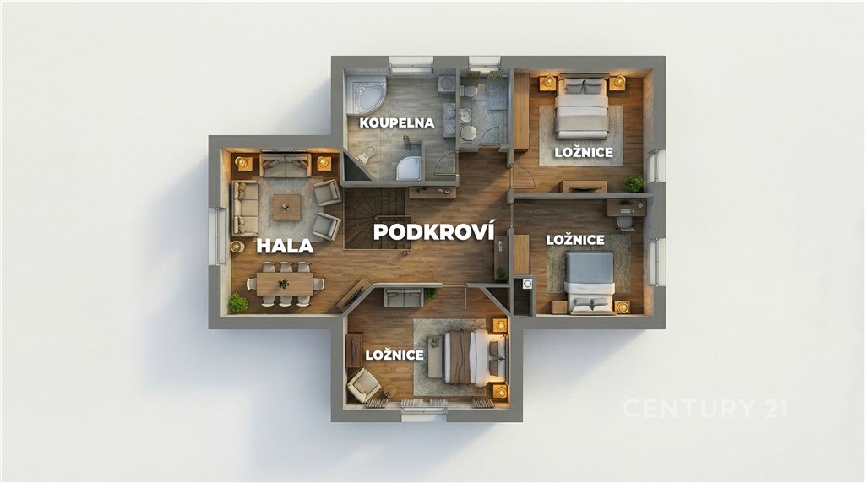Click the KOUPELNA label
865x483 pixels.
point(397,122)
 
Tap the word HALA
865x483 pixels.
point(285,246)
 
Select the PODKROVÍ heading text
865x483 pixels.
point(433,231)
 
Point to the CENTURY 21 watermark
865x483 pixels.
point(705,408)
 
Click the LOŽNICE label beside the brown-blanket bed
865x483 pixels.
point(394,355)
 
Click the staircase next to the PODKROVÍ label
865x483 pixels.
point(374,219)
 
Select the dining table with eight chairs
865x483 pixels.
point(285,284)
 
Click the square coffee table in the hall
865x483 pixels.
point(287,208)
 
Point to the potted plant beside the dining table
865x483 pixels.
point(238,302)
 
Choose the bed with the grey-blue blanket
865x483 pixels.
point(590,282)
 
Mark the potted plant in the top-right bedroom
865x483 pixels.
point(634,183)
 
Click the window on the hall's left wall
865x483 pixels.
point(220,236)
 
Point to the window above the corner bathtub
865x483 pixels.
point(411,64)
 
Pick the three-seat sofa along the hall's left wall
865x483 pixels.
point(245,209)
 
